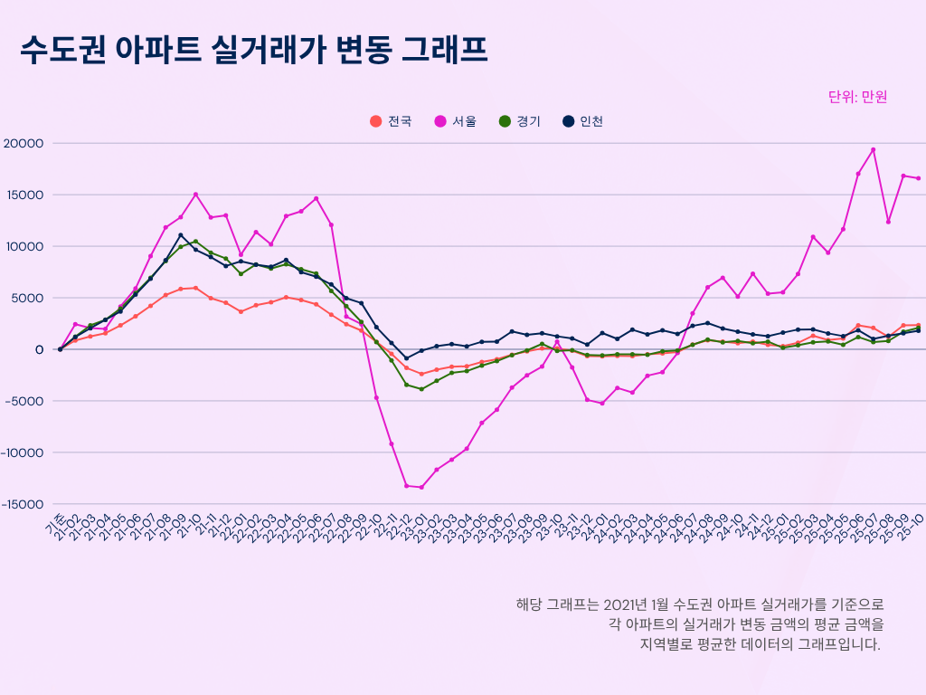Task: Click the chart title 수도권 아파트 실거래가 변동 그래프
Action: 254,50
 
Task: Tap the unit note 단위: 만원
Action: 857,97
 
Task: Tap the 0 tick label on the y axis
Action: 39,349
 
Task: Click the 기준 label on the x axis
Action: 56,522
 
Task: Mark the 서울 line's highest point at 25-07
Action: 874,150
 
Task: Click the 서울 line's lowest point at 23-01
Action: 421,487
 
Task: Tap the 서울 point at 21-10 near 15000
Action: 195,195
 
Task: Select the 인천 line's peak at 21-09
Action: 181,235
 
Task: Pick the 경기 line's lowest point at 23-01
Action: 421,389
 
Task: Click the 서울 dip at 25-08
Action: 888,222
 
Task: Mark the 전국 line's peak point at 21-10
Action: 195,288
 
